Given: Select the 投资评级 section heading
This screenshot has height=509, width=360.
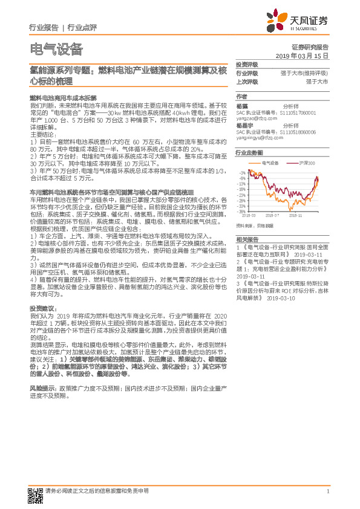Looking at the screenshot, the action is click(246, 64).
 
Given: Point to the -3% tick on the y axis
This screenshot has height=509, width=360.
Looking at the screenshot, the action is click(241, 173).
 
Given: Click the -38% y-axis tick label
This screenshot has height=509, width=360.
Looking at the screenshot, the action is click(241, 212).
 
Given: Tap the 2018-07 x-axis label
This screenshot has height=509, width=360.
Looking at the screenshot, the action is click(270, 215).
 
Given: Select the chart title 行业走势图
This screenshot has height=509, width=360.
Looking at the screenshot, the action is click(249, 153).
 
